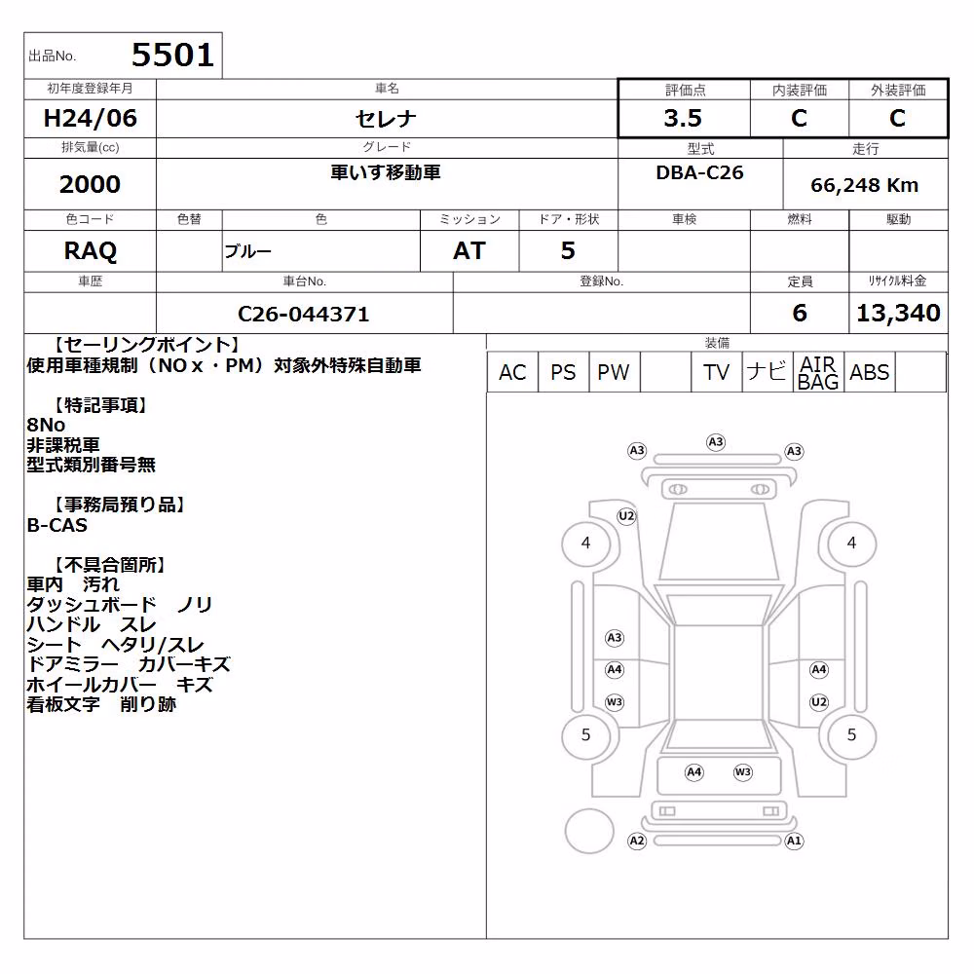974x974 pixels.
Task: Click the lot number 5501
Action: click(172, 55)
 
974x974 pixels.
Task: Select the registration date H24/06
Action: click(90, 118)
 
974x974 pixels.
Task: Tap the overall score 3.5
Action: click(683, 118)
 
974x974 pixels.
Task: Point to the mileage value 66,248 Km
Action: click(864, 185)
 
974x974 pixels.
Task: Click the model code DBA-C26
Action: click(699, 172)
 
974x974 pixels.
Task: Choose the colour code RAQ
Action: click(90, 251)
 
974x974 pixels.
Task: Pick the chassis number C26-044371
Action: click(303, 314)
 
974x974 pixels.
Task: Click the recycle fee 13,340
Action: click(898, 313)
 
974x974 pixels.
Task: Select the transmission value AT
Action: click(469, 251)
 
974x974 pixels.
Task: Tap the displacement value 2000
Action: click(90, 184)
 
